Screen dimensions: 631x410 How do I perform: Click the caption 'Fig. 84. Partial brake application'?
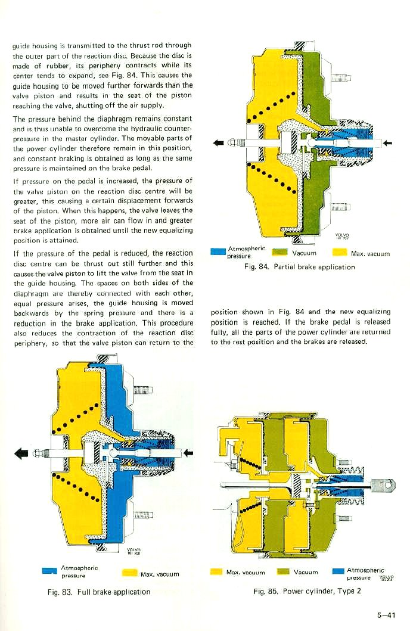tap(299, 267)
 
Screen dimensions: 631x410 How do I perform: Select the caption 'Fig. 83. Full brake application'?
tap(100, 592)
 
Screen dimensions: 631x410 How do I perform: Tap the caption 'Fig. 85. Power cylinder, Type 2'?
tap(307, 591)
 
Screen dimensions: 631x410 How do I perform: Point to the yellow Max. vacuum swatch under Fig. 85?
tap(217, 572)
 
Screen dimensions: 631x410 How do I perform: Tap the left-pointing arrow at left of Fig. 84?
tap(219, 142)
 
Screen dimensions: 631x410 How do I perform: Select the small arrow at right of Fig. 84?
tap(389, 142)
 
